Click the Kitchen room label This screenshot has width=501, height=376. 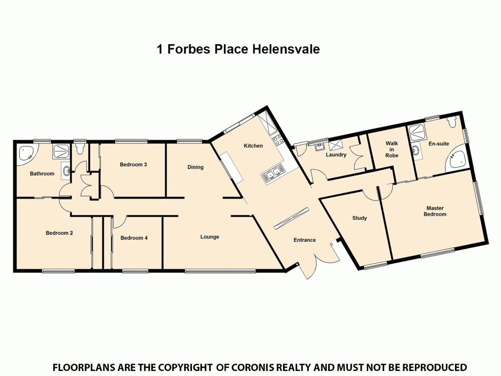click(253, 146)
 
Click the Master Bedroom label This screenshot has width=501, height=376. click(435, 211)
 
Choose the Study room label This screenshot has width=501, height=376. click(359, 218)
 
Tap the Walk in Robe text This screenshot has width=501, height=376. click(392, 149)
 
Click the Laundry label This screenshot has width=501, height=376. click(336, 155)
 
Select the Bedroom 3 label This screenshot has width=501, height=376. click(133, 164)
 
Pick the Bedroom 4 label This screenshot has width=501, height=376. click(134, 238)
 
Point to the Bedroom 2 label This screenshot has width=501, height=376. click(60, 233)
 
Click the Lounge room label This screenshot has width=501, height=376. click(209, 237)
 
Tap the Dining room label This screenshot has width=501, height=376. click(195, 167)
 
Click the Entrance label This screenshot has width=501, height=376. click(305, 240)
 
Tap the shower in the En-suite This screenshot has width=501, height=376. click(417, 133)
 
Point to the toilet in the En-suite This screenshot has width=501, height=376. click(452, 122)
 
